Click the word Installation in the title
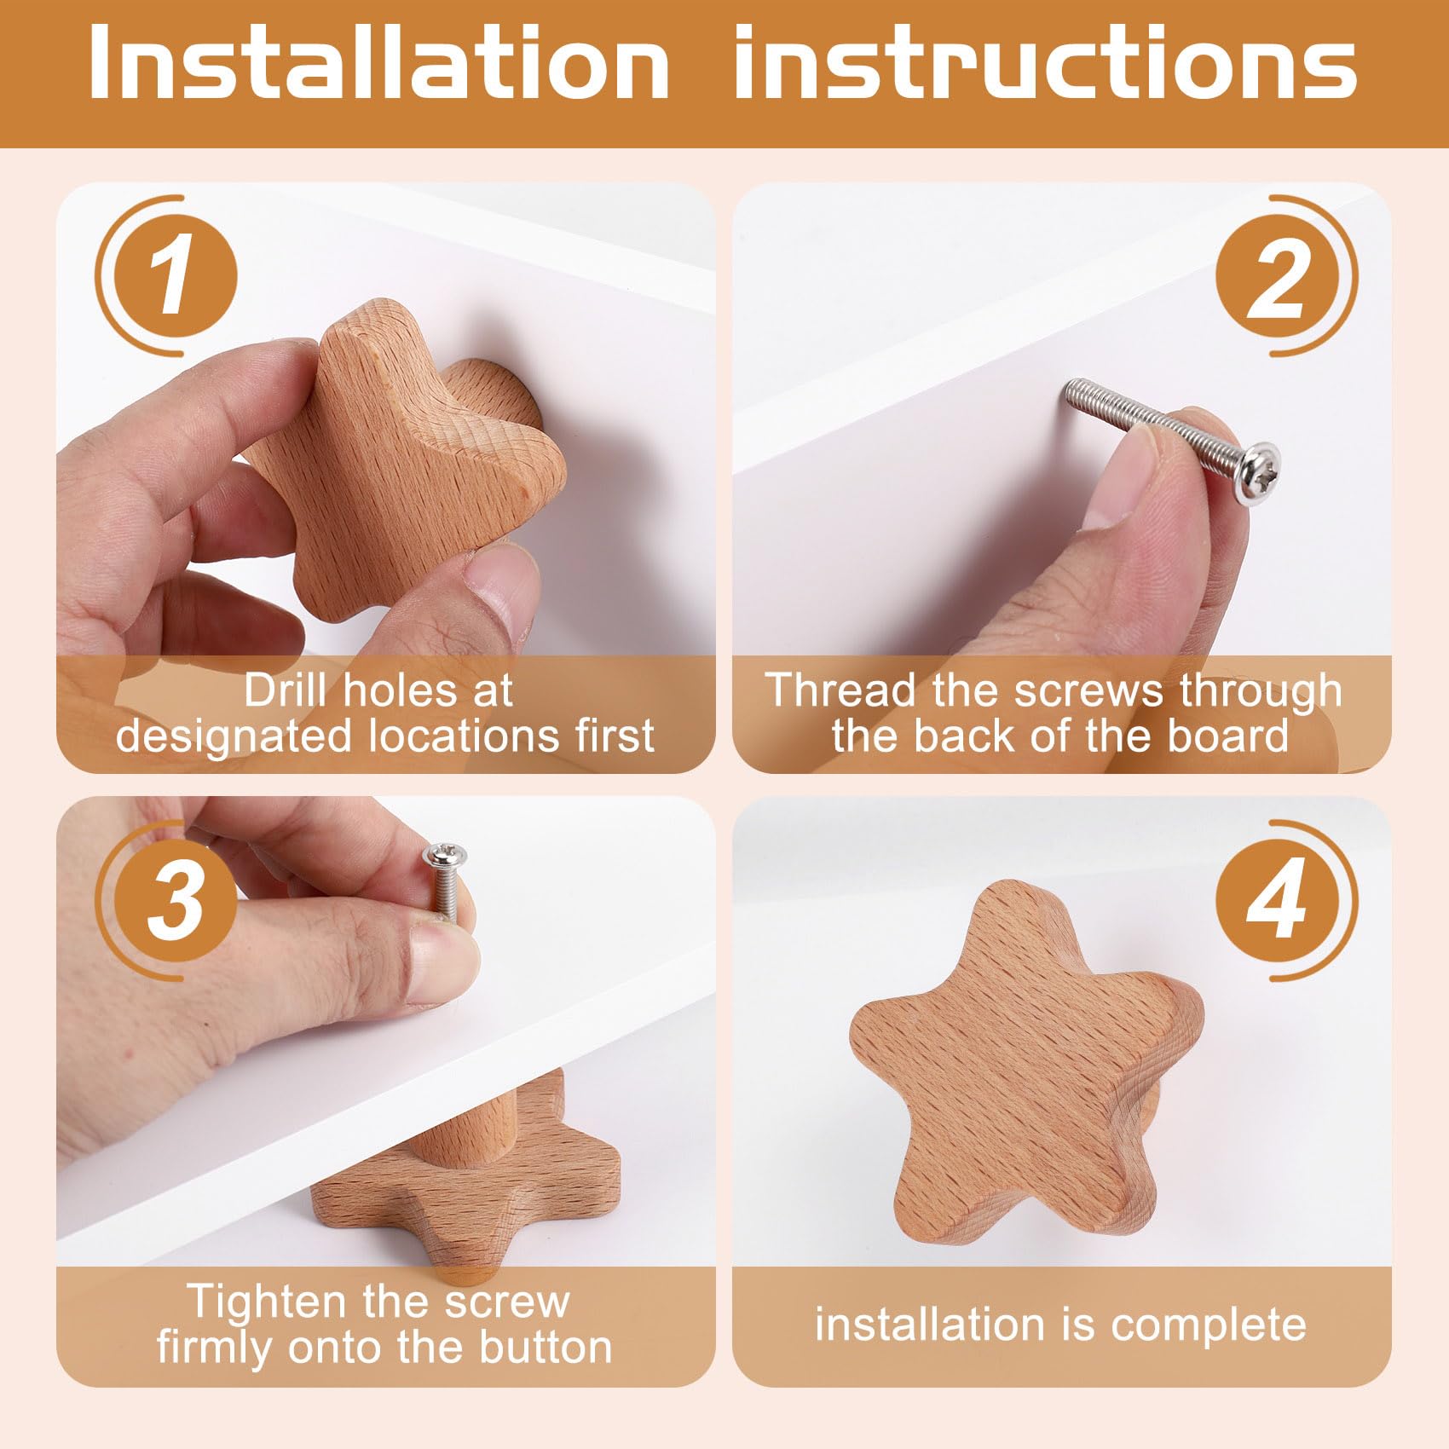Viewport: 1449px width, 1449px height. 378,61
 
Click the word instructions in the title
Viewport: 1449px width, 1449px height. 1045,61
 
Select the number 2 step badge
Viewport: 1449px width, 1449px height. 1281,275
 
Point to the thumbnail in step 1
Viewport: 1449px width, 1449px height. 504,592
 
